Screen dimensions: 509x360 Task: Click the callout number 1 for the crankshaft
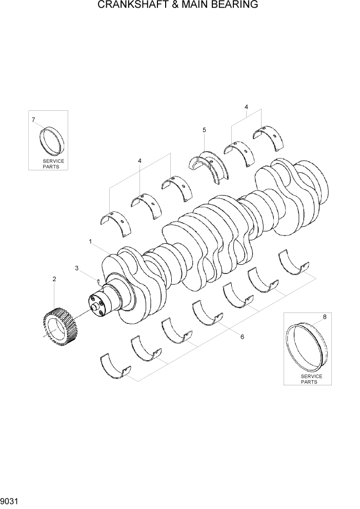[90, 241]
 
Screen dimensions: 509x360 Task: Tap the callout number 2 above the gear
[54, 279]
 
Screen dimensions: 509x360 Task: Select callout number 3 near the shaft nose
[76, 268]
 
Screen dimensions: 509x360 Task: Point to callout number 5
[204, 130]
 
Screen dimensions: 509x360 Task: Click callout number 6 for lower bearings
[242, 337]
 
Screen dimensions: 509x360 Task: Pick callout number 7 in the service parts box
[33, 120]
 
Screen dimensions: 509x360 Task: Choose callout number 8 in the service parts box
[324, 317]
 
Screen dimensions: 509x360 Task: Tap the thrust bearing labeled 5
[208, 164]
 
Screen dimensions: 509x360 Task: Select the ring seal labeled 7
[51, 141]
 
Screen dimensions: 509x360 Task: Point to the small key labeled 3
[98, 280]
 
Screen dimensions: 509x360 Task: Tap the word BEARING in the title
[234, 6]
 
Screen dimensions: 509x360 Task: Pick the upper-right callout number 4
[246, 107]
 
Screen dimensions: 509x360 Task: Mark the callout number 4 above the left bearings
[139, 161]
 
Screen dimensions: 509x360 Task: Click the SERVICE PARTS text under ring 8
[309, 379]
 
